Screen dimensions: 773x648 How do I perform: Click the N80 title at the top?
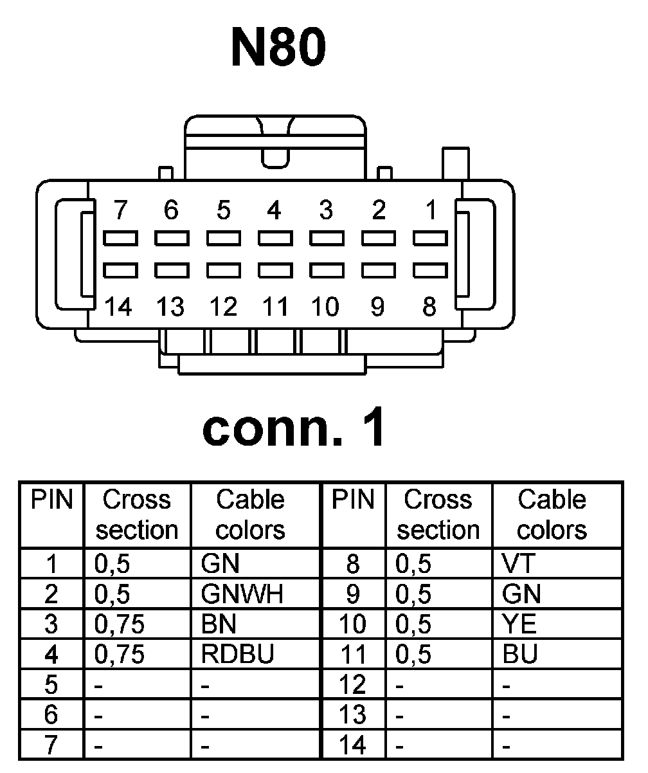[x=278, y=48]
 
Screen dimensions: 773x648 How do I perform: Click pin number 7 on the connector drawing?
[x=120, y=210]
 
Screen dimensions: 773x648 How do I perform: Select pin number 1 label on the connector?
[x=431, y=210]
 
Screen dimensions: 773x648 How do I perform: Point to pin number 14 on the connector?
[x=120, y=307]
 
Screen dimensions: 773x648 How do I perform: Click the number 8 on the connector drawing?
[x=429, y=307]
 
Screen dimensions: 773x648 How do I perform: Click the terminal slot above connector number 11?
[x=275, y=269]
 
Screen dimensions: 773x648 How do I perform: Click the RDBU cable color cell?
[x=237, y=654]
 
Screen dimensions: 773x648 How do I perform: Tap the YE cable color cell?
[x=519, y=624]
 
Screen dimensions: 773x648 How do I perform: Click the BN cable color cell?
[x=219, y=624]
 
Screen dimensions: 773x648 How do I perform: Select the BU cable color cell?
[x=520, y=654]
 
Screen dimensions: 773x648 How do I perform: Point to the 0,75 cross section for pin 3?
[x=120, y=624]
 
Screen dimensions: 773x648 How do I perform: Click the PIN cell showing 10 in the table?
[x=353, y=624]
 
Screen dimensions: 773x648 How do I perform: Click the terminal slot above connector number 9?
[x=378, y=269]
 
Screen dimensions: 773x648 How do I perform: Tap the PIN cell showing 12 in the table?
[x=353, y=685]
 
